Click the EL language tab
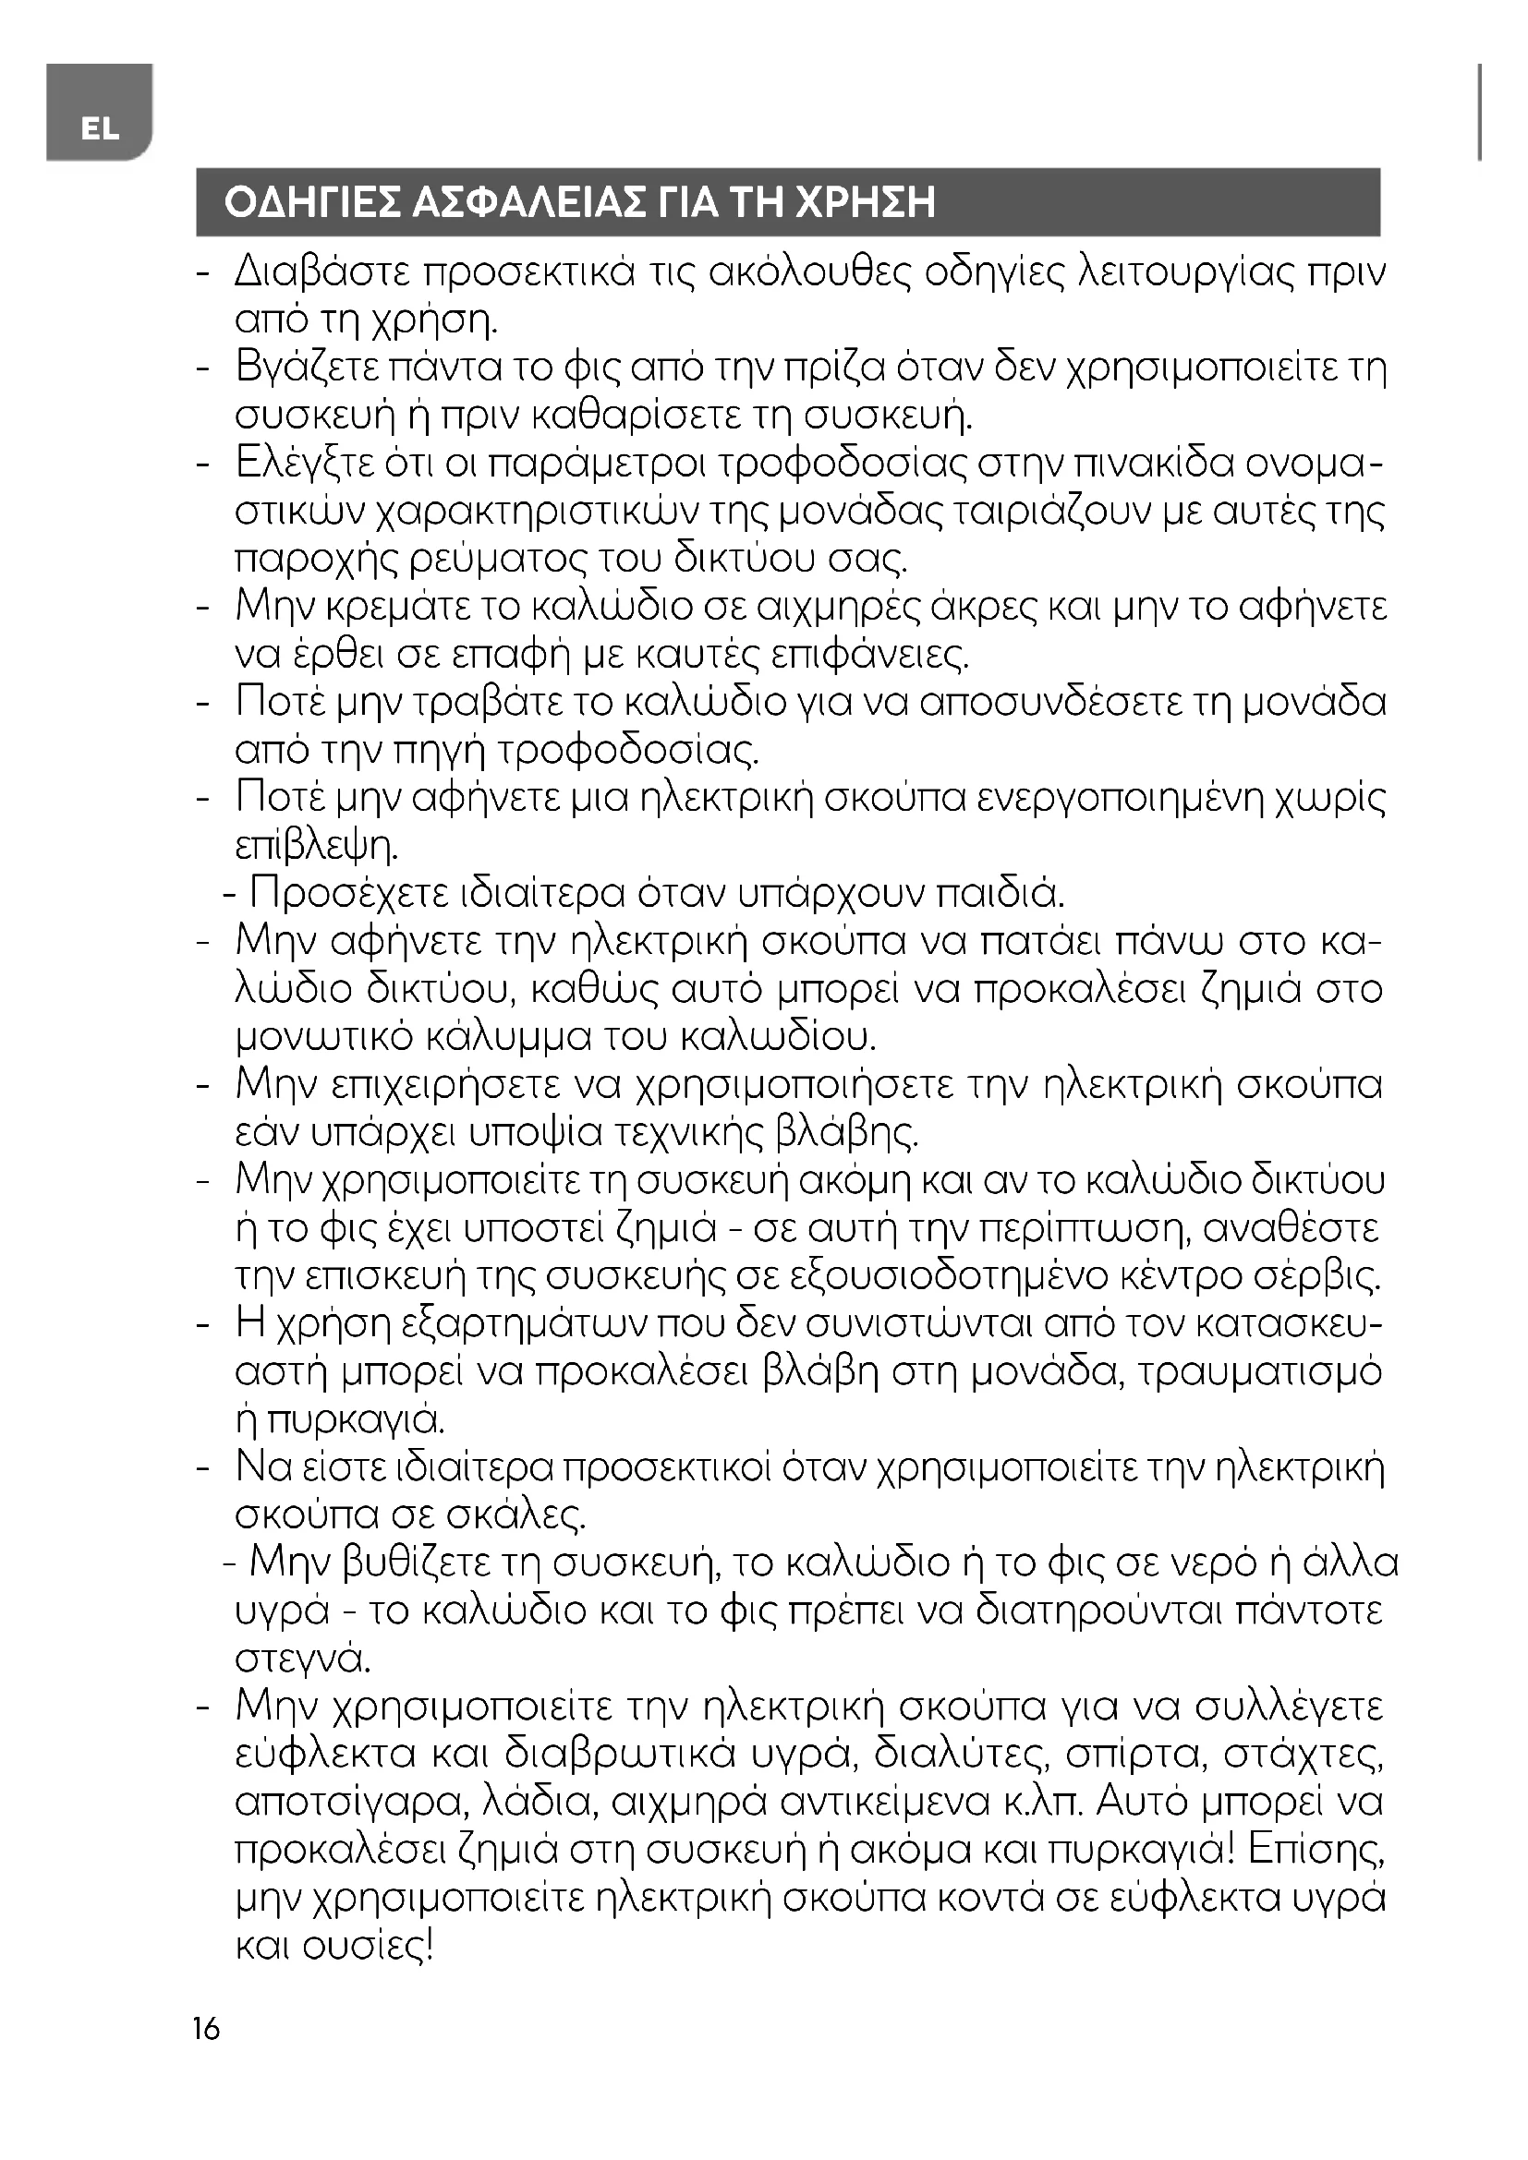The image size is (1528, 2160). pos(99,129)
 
